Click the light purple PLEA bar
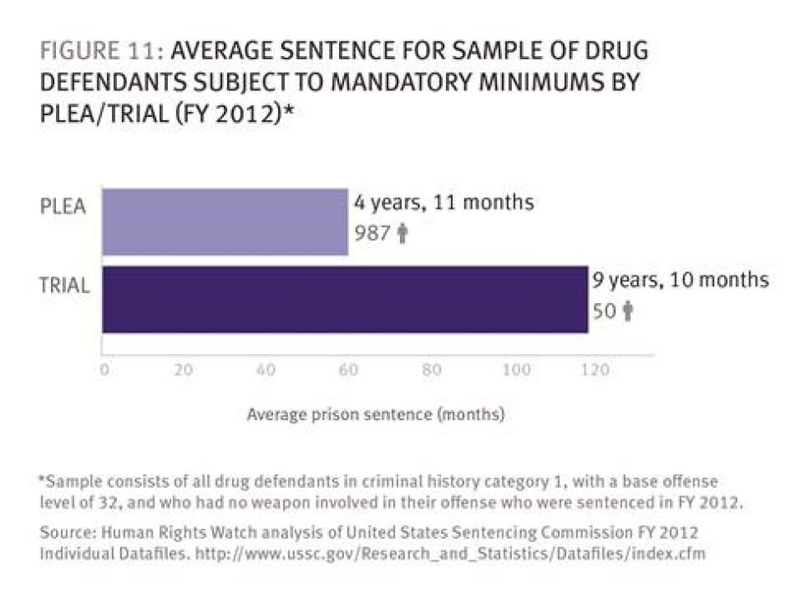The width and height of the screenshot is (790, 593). click(224, 221)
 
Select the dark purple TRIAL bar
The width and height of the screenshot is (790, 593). click(344, 299)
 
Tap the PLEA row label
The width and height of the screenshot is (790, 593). click(63, 206)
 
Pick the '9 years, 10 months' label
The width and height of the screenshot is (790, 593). click(680, 280)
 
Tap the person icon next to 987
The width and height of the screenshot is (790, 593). click(403, 234)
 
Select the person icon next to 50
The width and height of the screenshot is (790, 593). click(628, 312)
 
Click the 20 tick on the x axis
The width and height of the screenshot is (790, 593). click(184, 371)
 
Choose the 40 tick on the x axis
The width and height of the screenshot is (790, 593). click(266, 371)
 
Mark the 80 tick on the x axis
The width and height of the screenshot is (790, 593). click(431, 371)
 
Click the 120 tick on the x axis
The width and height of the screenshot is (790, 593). click(595, 371)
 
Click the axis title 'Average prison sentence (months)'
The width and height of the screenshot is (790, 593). click(375, 413)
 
